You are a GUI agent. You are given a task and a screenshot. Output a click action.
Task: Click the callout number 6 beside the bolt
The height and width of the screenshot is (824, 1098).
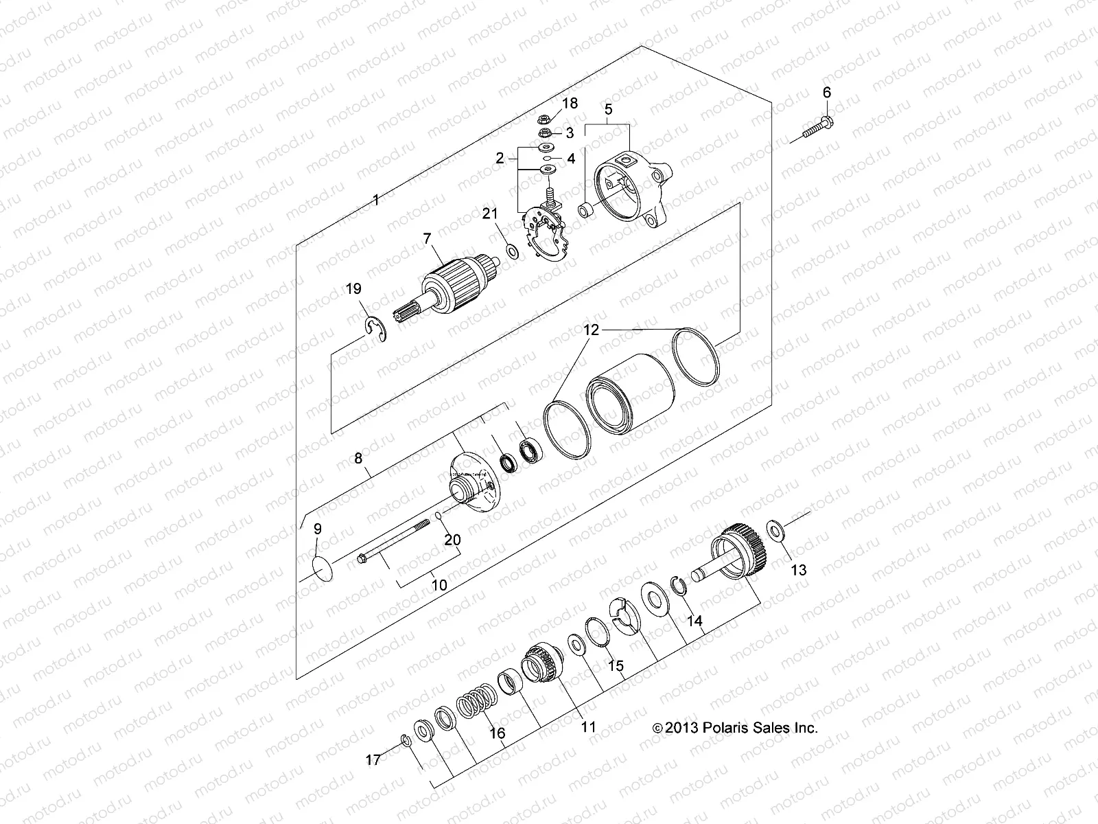click(x=826, y=92)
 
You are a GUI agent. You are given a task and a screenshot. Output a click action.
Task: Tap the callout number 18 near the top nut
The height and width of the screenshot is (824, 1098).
click(x=570, y=104)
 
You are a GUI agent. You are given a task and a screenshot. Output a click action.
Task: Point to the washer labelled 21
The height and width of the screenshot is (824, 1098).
click(x=512, y=251)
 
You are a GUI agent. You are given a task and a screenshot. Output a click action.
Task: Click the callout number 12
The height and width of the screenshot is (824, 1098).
click(x=592, y=330)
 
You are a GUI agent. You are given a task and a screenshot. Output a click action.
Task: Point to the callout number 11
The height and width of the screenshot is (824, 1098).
click(x=589, y=726)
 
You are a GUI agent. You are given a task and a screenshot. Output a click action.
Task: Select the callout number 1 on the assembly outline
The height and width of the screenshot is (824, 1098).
click(x=375, y=200)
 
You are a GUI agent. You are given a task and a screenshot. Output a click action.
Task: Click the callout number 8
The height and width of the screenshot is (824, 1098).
click(x=358, y=457)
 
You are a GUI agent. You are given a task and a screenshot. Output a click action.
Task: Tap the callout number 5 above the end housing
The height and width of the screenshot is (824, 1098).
click(x=608, y=108)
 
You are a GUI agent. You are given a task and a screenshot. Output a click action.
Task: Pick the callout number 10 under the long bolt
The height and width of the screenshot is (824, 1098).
click(x=439, y=585)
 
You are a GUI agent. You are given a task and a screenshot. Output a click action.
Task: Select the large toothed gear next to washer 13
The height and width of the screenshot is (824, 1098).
click(x=731, y=551)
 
